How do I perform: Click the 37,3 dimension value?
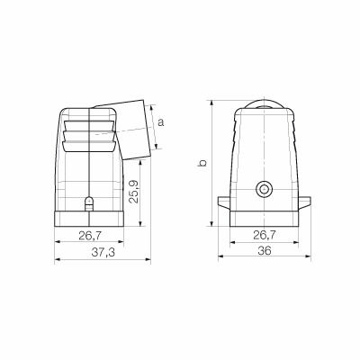[103, 253]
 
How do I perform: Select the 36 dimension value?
[265, 250]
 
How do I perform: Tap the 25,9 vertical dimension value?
[133, 192]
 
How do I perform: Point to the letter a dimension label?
[161, 122]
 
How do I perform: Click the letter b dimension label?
[203, 163]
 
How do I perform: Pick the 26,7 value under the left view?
[90, 236]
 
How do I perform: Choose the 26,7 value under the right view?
[265, 235]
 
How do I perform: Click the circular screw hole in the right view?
[265, 189]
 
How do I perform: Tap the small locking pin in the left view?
[89, 204]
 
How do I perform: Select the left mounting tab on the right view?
[224, 202]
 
